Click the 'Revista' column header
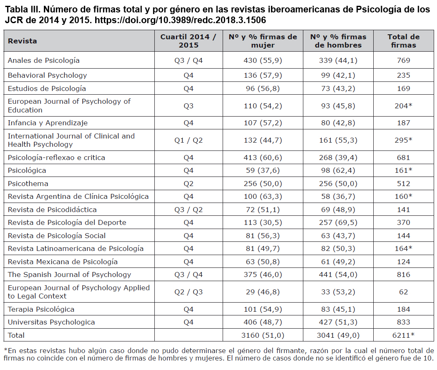tap(22, 41)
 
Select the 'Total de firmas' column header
tap(403, 41)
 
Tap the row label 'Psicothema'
tap(28, 184)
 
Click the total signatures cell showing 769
tap(403, 60)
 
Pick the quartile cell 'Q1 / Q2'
tap(188, 140)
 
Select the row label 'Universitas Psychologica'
tap(51, 322)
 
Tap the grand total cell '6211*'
tap(403, 335)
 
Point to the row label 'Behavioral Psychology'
tap(47, 75)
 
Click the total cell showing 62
tap(403, 292)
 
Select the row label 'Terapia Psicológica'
tap(41, 309)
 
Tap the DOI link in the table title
tap(180, 20)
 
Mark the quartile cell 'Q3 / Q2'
tap(188, 210)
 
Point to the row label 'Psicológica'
tap(27, 170)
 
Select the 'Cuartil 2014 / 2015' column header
tap(188, 41)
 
